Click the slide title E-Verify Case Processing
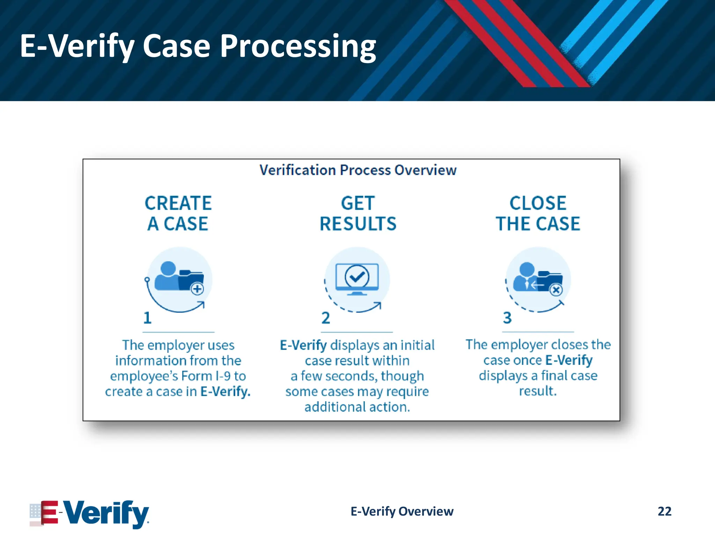point(198,46)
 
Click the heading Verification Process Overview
point(357,170)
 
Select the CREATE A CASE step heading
point(178,213)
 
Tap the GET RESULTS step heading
point(358,213)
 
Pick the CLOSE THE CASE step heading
point(538,213)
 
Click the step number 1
point(147,318)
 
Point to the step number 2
point(325,318)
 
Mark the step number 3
point(507,318)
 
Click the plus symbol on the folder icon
point(198,289)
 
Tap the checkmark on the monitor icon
point(357,277)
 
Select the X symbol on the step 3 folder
point(556,290)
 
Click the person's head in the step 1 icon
point(168,268)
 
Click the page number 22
point(664,511)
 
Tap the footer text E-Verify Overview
point(402,511)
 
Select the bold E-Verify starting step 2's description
point(303,345)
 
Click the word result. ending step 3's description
point(538,391)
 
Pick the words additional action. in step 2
point(357,407)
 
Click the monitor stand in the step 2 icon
point(357,293)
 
